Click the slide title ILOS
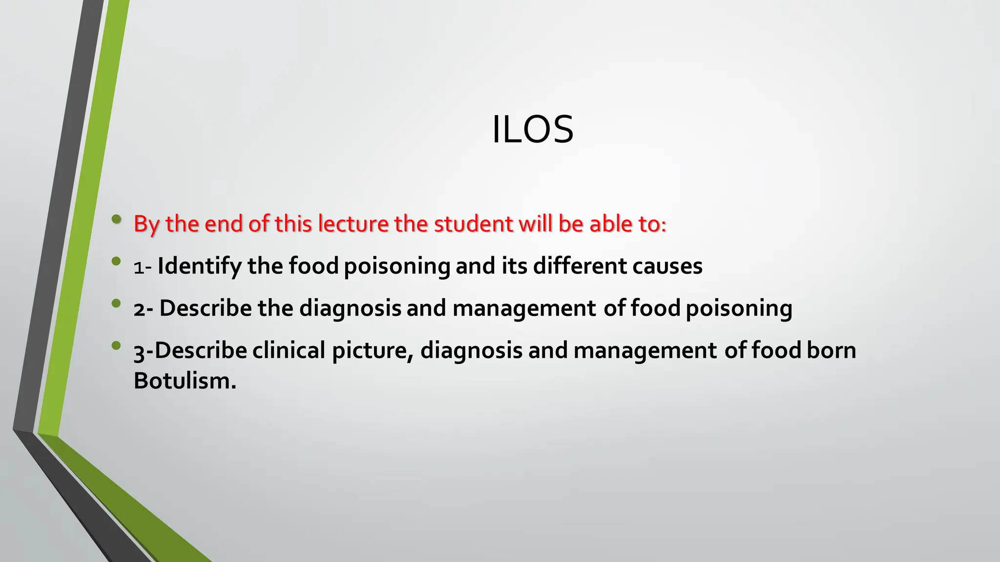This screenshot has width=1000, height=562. [532, 130]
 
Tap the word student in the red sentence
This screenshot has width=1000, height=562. [473, 224]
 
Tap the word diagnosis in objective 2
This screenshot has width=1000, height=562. [350, 309]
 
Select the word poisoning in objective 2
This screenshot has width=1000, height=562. [739, 309]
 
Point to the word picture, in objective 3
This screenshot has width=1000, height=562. [373, 351]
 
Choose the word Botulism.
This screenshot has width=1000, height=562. [185, 381]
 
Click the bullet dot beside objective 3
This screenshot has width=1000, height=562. [116, 346]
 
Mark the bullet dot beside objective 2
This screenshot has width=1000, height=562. [116, 303]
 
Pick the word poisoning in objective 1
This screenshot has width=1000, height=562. [396, 266]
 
